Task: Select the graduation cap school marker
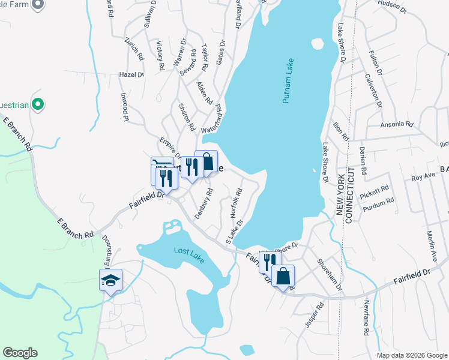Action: tap(110, 280)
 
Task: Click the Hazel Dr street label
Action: tap(132, 74)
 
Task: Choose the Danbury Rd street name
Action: tap(203, 204)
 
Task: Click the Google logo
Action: tap(20, 353)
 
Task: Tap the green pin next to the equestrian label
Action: tap(38, 104)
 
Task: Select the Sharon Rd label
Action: tap(187, 117)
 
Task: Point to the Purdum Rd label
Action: tap(378, 204)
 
